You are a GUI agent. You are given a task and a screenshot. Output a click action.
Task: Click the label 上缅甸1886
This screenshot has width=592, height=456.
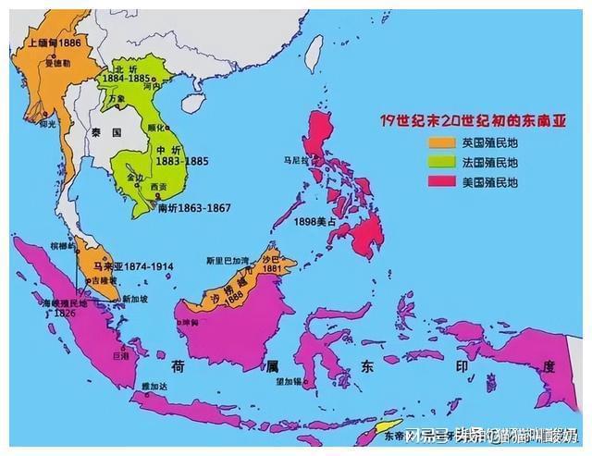(54, 43)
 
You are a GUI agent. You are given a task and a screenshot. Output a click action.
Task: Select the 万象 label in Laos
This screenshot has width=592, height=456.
(116, 96)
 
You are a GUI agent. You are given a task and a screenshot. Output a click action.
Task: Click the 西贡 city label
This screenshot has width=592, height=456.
(158, 187)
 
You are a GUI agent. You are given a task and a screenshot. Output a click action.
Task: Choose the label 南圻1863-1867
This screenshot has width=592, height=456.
(191, 209)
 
